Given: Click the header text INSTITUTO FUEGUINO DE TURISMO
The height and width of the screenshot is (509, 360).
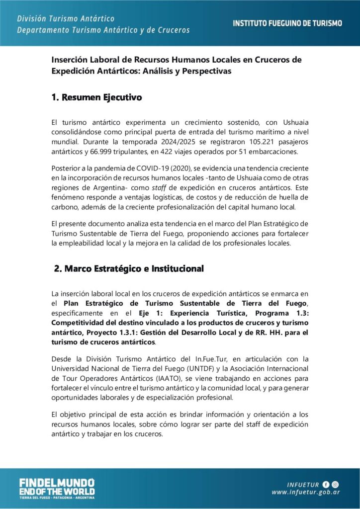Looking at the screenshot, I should click(287, 23).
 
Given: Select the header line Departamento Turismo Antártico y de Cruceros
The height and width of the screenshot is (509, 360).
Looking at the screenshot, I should click(103, 30).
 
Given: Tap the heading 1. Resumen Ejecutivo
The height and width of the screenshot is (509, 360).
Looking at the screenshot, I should click(96, 97).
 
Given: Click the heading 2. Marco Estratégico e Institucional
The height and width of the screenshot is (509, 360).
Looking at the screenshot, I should click(129, 269).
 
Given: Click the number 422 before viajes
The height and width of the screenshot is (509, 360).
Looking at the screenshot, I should click(175, 152).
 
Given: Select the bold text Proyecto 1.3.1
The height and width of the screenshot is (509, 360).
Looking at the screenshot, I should click(194, 332).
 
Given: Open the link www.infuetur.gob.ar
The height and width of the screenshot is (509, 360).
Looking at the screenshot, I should click(305, 493).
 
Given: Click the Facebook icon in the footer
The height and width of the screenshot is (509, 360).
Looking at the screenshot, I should click(326, 484).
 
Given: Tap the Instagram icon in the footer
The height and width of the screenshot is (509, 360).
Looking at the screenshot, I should click(336, 484).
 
